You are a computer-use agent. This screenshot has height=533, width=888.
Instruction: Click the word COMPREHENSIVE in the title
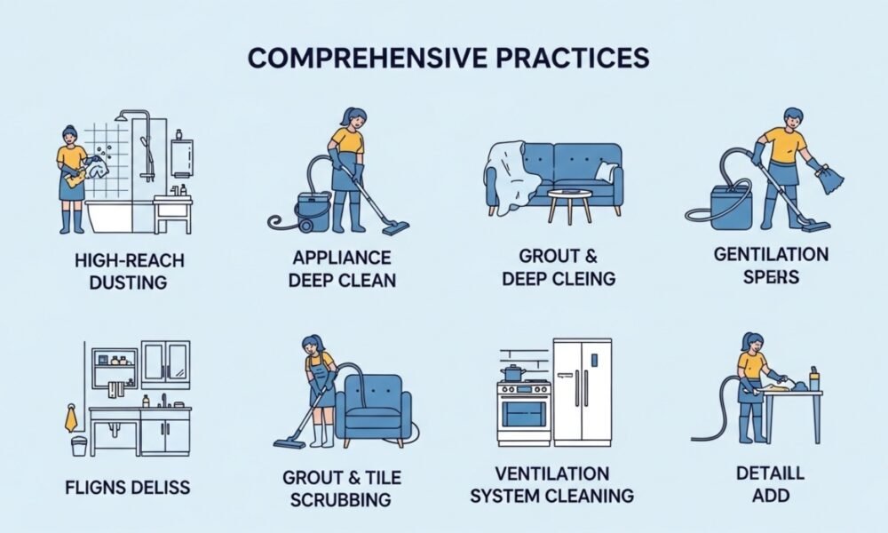[367, 58]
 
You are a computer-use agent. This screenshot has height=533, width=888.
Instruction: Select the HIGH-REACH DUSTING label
[129, 271]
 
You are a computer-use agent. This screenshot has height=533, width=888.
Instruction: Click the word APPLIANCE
[342, 259]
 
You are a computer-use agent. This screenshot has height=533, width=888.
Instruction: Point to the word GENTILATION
[771, 254]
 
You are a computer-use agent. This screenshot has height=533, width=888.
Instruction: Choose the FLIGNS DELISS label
[127, 487]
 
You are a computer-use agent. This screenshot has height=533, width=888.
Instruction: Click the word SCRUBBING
[340, 499]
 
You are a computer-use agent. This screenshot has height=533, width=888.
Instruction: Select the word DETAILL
[770, 473]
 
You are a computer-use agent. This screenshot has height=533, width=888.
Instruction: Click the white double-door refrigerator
[583, 392]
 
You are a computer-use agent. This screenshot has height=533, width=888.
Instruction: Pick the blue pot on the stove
[512, 373]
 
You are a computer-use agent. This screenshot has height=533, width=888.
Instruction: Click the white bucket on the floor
[79, 445]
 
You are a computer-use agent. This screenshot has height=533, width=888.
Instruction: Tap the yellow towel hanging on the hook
[71, 418]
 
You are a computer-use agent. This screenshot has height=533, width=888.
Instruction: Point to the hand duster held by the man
[829, 177]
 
